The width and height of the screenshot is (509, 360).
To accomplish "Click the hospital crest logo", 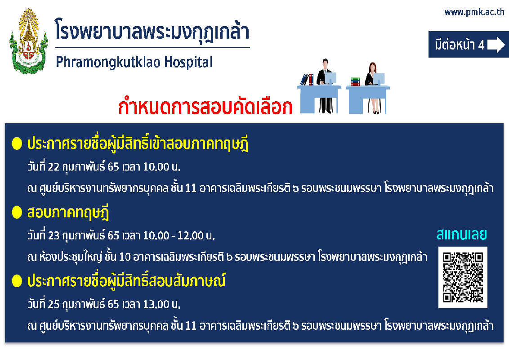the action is [29, 41].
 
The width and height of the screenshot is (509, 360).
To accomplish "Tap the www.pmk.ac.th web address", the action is [474, 12].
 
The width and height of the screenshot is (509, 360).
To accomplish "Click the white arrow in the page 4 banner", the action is [496, 45].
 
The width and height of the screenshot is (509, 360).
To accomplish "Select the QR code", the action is [463, 278].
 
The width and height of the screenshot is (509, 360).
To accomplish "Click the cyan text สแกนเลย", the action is [462, 234].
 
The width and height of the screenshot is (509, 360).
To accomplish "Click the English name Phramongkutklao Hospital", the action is [134, 62].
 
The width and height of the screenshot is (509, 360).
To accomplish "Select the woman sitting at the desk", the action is [373, 88].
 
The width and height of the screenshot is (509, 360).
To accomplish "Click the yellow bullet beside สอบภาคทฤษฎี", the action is [17, 212].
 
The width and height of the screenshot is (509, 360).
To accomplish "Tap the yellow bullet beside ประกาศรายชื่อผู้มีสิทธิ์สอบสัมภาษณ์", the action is [17, 281].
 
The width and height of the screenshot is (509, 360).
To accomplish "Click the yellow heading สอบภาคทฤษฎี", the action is [68, 213].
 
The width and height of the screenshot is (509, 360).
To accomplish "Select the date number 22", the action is [54, 166].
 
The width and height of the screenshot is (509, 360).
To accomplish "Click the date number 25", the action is [54, 304].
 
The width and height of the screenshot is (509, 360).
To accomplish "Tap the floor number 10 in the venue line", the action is [125, 257].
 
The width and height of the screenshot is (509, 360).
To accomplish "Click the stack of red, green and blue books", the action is [356, 81].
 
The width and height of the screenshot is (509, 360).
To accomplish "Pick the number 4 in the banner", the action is [481, 45].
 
